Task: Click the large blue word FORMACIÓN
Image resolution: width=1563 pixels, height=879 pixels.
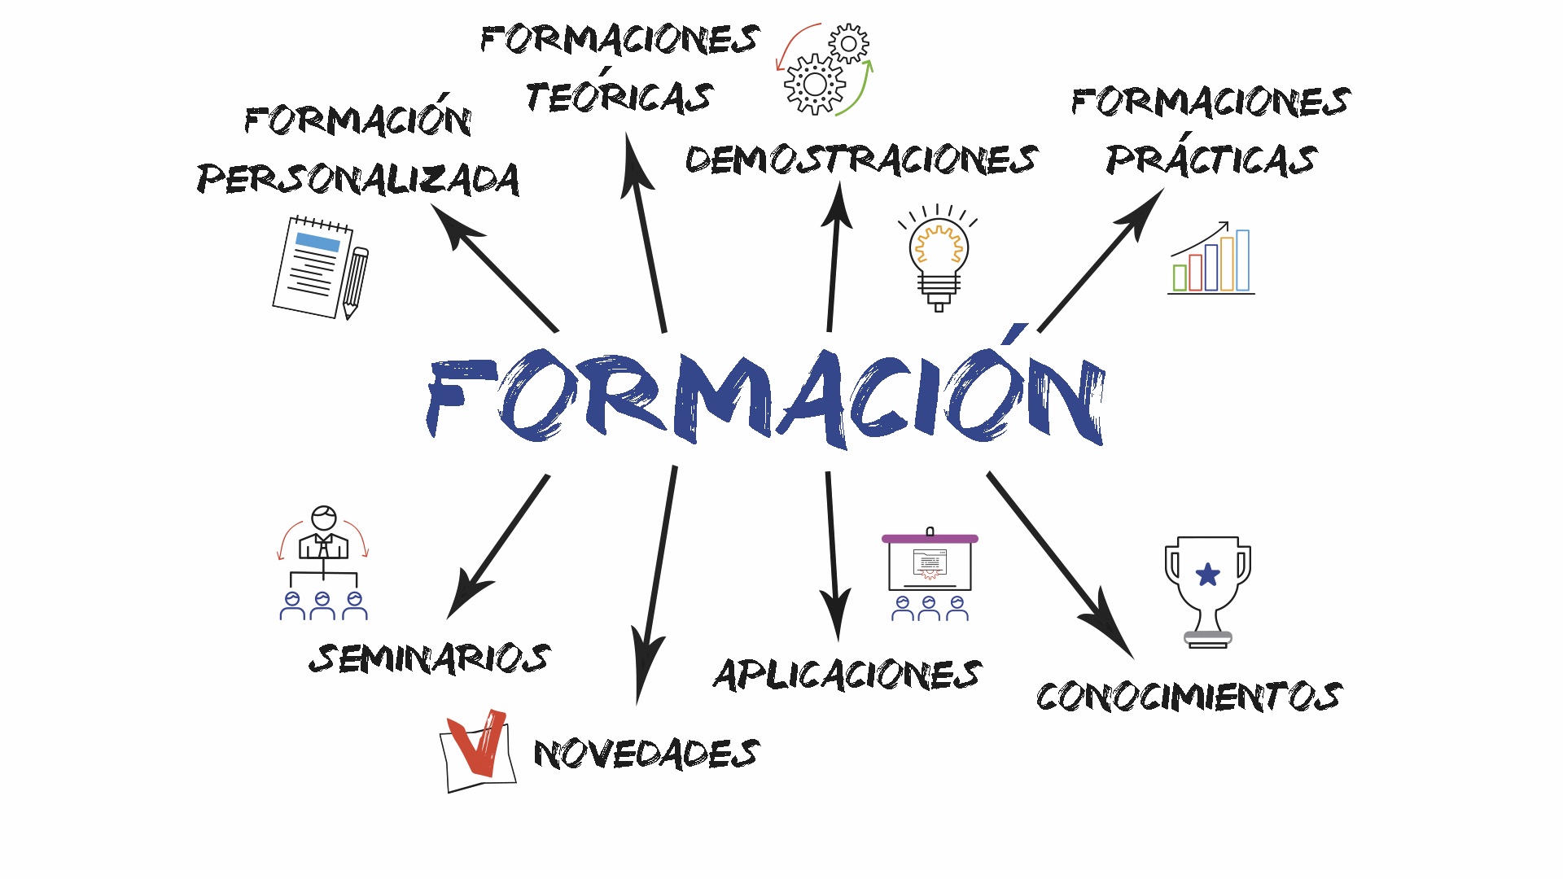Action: pyautogui.click(x=765, y=399)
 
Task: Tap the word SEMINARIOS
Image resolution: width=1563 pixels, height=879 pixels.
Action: pyautogui.click(x=429, y=658)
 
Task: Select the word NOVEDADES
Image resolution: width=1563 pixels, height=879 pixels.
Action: pyautogui.click(x=646, y=754)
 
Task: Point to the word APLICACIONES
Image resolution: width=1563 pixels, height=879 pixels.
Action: pyautogui.click(x=847, y=675)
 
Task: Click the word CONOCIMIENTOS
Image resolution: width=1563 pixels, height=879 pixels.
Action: pyautogui.click(x=1189, y=697)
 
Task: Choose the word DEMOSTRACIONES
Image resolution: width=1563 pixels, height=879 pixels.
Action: pyautogui.click(x=861, y=160)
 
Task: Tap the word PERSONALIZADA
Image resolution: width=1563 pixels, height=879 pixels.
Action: pyautogui.click(x=358, y=179)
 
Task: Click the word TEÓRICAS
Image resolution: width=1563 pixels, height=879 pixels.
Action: pyautogui.click(x=619, y=97)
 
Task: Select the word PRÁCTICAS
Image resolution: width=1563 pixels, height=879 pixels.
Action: pyautogui.click(x=1211, y=160)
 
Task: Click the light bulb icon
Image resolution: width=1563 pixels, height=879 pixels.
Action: pyautogui.click(x=939, y=256)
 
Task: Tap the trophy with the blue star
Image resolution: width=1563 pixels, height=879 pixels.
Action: pyautogui.click(x=1208, y=590)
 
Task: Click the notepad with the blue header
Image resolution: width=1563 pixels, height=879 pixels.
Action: pyautogui.click(x=311, y=267)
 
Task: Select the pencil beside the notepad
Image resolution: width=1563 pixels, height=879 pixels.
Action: pyautogui.click(x=355, y=282)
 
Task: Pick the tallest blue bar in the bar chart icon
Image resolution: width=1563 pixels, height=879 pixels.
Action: pyautogui.click(x=1242, y=260)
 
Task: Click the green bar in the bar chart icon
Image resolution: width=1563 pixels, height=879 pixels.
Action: pyautogui.click(x=1180, y=278)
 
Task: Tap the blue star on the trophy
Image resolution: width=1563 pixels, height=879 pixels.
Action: pyautogui.click(x=1208, y=575)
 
